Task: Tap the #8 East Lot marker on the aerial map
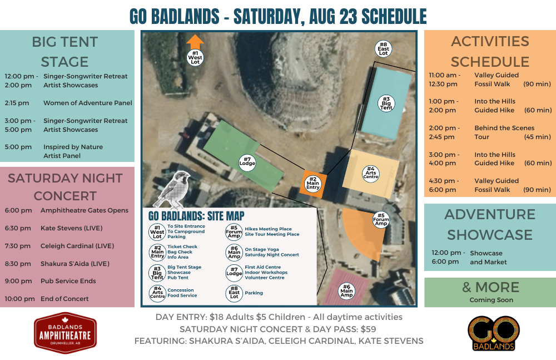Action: click(x=383, y=49)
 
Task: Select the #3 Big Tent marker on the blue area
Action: click(x=386, y=103)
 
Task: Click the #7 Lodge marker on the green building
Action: click(x=247, y=163)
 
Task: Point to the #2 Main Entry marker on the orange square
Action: click(x=312, y=183)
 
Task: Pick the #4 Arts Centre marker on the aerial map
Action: click(x=370, y=174)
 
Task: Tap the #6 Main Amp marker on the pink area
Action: click(x=346, y=291)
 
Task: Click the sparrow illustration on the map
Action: click(x=172, y=190)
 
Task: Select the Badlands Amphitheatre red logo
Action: click(x=65, y=333)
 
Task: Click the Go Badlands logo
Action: click(x=494, y=333)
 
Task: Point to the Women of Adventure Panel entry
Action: click(x=88, y=103)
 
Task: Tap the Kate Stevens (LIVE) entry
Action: click(x=71, y=228)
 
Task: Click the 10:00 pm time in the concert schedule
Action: click(x=20, y=299)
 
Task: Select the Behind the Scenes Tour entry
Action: click(x=504, y=132)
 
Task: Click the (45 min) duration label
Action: click(x=538, y=137)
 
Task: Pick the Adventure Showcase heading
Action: click(x=490, y=224)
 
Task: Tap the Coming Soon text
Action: click(x=491, y=300)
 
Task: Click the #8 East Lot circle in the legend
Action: click(x=234, y=293)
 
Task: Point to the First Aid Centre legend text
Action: click(x=263, y=267)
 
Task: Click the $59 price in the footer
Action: click(x=368, y=329)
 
